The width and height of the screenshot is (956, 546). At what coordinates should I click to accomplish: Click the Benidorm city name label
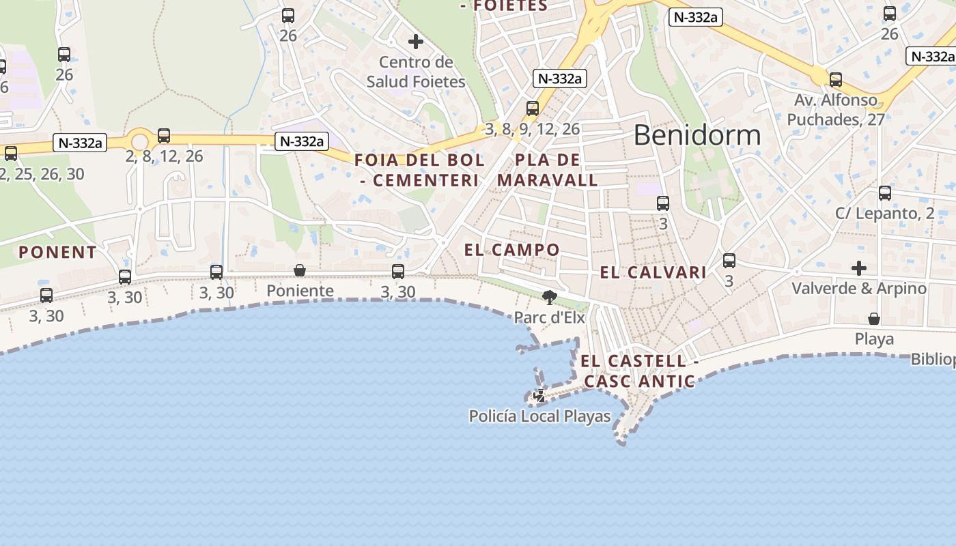697,135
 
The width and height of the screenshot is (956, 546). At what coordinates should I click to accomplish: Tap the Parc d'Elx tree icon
548,297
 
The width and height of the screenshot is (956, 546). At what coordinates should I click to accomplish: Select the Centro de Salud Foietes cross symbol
415,42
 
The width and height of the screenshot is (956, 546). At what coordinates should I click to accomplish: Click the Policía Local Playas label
539,416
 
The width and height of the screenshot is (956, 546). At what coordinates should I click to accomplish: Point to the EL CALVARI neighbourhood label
653,273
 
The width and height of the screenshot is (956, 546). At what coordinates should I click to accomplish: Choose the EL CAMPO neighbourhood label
511,250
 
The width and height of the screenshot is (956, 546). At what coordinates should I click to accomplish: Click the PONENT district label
57,253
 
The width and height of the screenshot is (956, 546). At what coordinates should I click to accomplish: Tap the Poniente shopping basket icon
299,271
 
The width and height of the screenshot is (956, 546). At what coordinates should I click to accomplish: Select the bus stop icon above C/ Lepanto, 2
885,193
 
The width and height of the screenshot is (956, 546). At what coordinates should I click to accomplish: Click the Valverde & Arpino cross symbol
858,268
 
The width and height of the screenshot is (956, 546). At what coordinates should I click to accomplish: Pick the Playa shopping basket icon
873,319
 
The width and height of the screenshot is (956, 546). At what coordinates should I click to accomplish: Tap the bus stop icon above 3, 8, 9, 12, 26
533,108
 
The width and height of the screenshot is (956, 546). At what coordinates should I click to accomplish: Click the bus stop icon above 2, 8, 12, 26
164,135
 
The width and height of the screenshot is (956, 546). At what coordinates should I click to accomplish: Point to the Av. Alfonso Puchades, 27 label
835,110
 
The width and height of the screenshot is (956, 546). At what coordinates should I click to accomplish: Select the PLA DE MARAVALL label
548,171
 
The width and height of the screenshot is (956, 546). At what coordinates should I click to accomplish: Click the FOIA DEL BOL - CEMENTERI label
419,171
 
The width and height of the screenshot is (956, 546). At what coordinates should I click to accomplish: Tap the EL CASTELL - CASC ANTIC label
639,371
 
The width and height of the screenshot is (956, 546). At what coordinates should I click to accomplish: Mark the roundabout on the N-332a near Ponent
140,142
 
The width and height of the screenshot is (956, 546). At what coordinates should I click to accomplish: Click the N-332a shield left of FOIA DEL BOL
301,141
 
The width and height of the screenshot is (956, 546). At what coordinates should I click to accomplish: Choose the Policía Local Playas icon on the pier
539,395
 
